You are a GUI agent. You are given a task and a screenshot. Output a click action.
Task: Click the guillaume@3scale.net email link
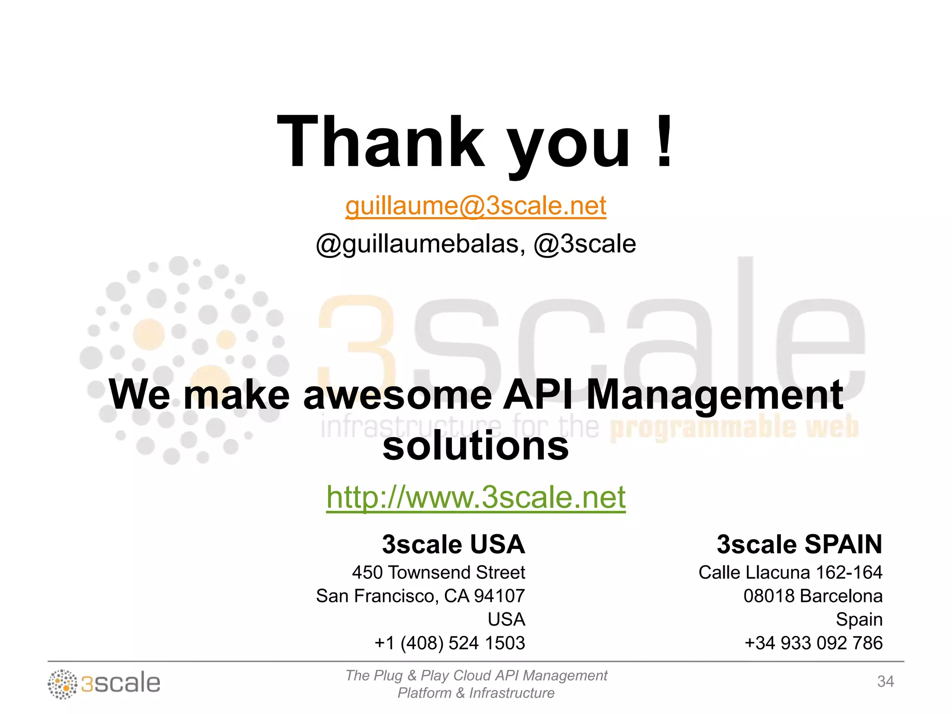[476, 206]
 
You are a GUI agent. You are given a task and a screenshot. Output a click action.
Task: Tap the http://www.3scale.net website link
[476, 497]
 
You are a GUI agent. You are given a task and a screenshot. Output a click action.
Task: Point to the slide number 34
[885, 681]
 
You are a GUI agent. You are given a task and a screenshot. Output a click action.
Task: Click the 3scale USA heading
[453, 544]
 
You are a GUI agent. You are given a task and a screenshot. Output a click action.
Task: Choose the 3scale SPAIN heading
[799, 544]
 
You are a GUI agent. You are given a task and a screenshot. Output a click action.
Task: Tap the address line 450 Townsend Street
[438, 572]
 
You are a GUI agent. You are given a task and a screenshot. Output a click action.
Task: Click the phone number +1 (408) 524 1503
[450, 643]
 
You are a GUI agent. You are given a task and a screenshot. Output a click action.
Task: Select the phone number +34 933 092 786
[813, 643]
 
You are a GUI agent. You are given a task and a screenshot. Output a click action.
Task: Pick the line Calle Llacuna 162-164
[790, 572]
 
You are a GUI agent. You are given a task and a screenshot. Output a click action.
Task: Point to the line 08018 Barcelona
[813, 596]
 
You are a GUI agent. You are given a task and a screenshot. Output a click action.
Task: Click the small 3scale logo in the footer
[104, 683]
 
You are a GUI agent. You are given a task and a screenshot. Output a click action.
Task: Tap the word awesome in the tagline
[397, 395]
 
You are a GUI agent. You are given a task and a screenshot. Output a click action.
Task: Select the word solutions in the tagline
[476, 446]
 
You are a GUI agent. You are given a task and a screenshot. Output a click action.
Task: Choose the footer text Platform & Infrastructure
[476, 693]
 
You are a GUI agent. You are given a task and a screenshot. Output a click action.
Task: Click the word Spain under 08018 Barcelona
[859, 620]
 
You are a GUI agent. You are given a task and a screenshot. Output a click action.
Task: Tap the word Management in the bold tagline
[714, 395]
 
